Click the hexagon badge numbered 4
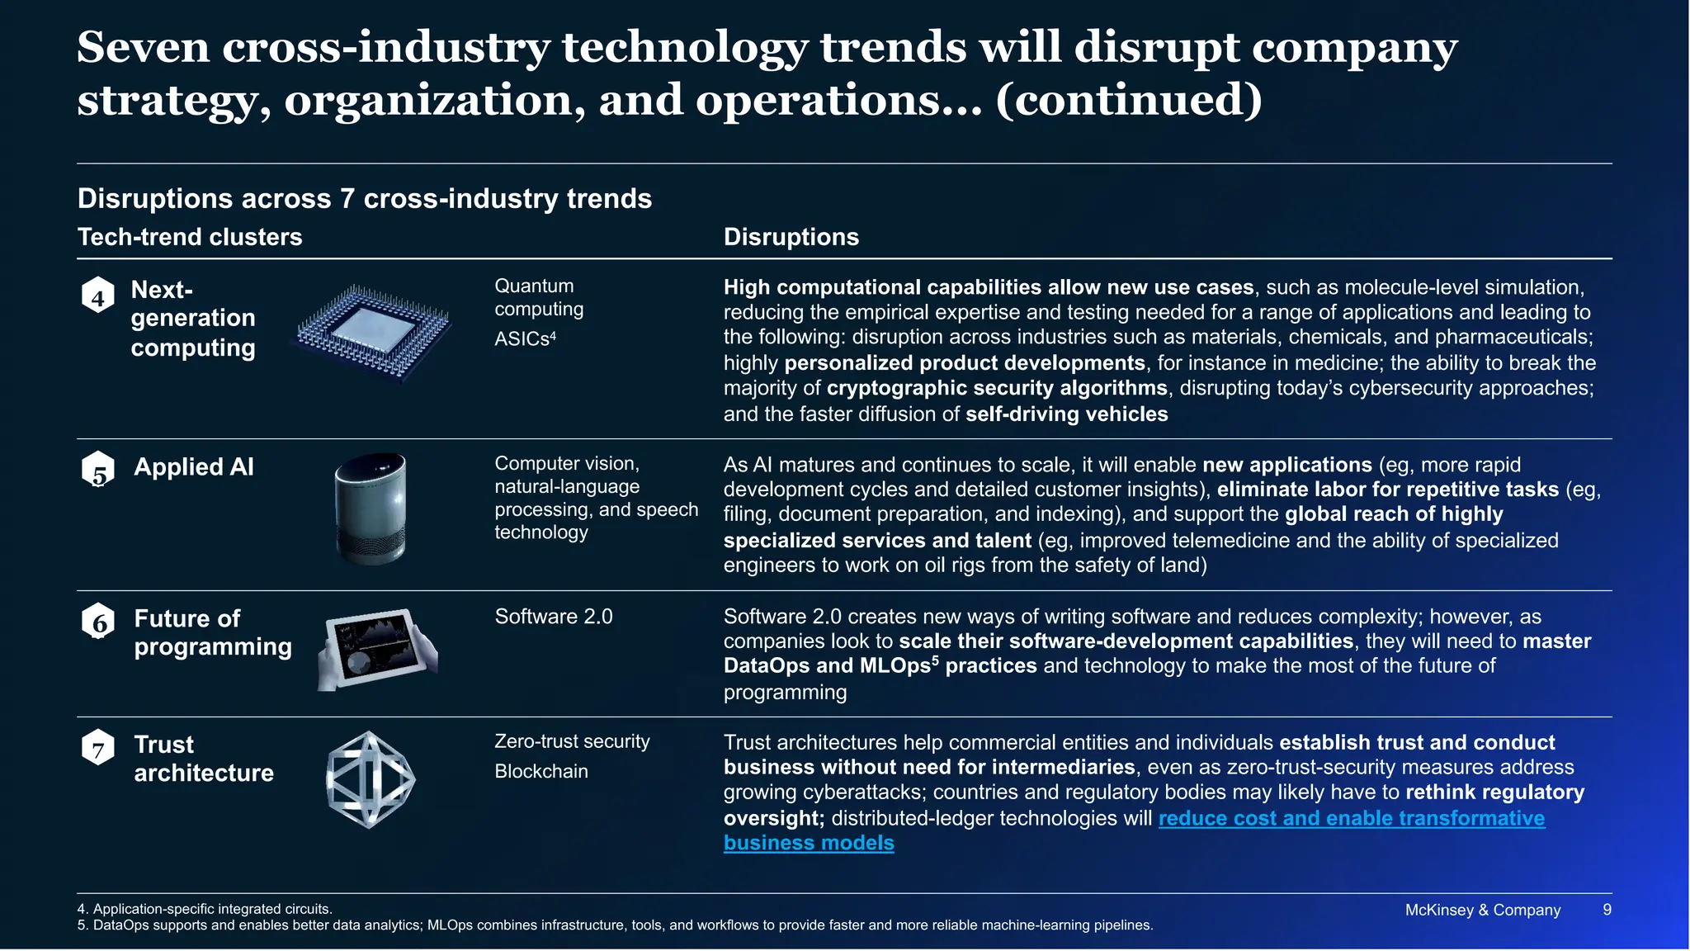(98, 296)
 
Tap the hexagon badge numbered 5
(98, 470)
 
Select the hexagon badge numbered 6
(98, 622)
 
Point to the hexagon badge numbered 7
(98, 748)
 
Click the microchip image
(374, 333)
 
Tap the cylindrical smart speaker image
(371, 509)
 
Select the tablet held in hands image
(378, 650)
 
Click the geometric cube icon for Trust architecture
(371, 779)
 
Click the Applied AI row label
(194, 467)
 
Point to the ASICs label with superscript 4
(525, 338)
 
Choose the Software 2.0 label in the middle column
(554, 617)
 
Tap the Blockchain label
(541, 771)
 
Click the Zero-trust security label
(572, 741)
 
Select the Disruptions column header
(791, 237)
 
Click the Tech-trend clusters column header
(190, 237)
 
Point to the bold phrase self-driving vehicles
(1066, 414)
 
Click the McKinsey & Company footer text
(1482, 910)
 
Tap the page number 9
(1607, 910)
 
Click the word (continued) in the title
(1128, 100)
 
